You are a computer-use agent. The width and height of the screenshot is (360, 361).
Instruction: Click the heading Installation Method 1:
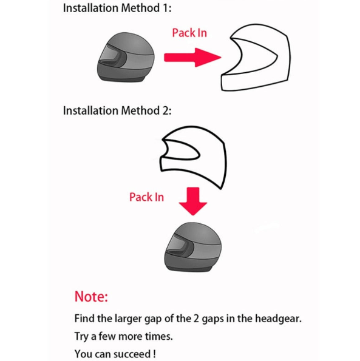coord(117,8)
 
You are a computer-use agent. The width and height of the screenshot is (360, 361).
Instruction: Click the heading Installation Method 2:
coord(117,110)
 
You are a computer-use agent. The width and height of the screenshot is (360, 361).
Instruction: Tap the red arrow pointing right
coord(192,57)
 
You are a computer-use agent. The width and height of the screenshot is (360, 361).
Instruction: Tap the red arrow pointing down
coord(193,201)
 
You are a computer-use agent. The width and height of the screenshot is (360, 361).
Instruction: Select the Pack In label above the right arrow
coord(189,33)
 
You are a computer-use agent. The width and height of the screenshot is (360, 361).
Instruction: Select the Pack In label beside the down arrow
coord(146,197)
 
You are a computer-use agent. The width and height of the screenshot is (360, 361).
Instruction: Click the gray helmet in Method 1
coord(126,57)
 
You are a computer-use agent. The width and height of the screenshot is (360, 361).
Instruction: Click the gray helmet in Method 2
coord(193,246)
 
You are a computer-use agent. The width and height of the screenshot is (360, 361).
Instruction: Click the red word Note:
coord(91,296)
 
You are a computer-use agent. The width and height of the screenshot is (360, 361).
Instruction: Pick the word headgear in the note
coord(278,319)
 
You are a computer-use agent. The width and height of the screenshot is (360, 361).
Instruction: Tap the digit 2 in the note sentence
coord(196,319)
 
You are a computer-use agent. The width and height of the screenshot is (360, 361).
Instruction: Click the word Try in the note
coord(81,336)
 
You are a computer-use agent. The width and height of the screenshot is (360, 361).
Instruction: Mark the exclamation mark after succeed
coord(154,354)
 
